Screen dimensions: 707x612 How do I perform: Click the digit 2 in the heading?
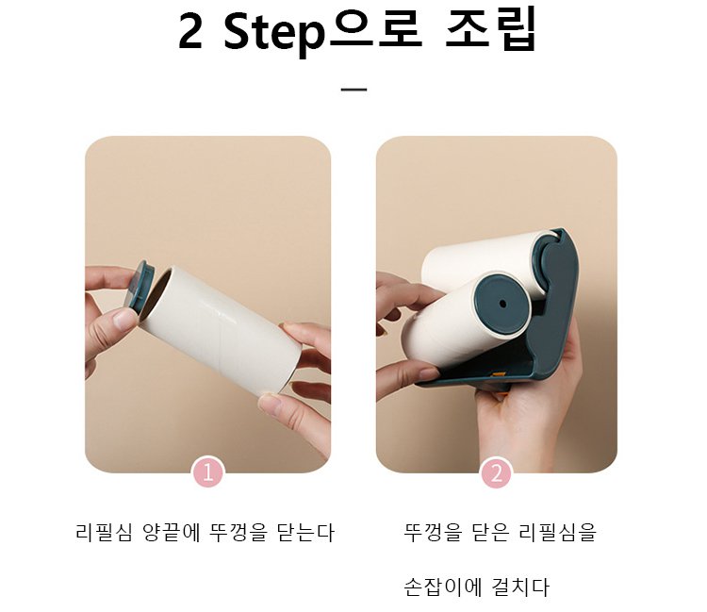pyautogui.click(x=189, y=32)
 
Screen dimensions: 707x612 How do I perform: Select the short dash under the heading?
pyautogui.click(x=353, y=90)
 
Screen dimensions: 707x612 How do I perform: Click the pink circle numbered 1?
pyautogui.click(x=208, y=472)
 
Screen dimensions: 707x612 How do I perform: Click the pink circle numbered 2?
pyautogui.click(x=497, y=472)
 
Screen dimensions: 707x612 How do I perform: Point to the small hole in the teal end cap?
pyautogui.click(x=502, y=304)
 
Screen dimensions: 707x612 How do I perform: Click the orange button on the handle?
pyautogui.click(x=499, y=373)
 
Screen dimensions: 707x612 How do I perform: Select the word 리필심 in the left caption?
pyautogui.click(x=104, y=532)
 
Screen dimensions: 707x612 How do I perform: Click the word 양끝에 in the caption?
pyautogui.click(x=171, y=532)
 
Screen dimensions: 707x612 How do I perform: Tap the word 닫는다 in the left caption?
pyautogui.click(x=305, y=532)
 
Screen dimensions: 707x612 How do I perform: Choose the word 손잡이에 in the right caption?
pyautogui.click(x=441, y=587)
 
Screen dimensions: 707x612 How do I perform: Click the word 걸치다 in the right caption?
pyautogui.click(x=520, y=587)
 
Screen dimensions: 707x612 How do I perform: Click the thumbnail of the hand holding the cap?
pyautogui.click(x=208, y=305)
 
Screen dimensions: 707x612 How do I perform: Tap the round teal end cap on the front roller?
pyautogui.click(x=501, y=303)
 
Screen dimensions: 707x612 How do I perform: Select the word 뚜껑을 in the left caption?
pyautogui.click(x=238, y=532)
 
